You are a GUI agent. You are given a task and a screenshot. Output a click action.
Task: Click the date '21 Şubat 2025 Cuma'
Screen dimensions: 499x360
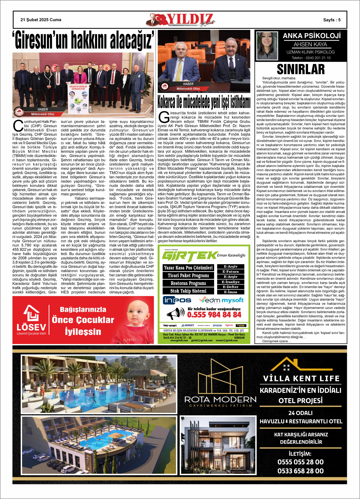[41, 20]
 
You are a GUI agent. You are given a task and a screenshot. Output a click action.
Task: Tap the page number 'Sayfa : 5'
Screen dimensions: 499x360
[332, 20]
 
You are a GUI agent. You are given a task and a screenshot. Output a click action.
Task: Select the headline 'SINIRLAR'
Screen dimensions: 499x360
[301, 69]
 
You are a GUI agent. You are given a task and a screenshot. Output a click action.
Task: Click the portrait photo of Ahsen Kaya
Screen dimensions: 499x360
[267, 46]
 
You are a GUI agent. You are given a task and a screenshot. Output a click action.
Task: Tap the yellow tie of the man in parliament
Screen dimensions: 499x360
[179, 70]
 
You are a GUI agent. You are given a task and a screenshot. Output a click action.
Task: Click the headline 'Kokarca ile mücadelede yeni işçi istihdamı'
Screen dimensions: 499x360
[204, 102]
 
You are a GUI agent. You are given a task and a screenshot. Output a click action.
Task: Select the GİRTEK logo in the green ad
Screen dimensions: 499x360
[189, 256]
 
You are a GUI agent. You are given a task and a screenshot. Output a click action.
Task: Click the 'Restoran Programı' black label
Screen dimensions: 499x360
[188, 283]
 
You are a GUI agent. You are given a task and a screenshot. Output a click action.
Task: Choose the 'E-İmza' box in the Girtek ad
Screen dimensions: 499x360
[230, 292]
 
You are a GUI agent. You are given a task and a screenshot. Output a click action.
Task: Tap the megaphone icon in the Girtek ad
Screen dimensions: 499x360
[176, 314]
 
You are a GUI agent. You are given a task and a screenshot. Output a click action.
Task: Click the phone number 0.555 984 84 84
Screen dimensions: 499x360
[214, 314]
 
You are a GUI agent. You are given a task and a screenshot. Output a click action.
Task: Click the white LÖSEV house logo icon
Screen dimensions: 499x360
[31, 313]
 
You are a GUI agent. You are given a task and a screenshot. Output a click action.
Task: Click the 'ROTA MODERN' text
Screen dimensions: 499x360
[220, 399]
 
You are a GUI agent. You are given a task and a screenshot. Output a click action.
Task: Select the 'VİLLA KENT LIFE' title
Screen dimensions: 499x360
[301, 378]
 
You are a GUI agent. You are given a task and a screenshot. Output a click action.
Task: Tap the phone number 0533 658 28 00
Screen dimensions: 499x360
[300, 471]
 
